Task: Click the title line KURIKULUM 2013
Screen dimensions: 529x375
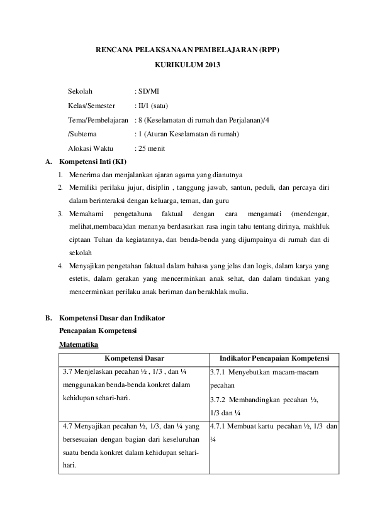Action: point(187,64)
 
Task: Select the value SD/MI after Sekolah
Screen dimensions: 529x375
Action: point(149,92)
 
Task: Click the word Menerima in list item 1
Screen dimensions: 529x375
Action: point(85,175)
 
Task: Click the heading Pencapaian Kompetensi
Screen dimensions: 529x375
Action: point(98,330)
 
